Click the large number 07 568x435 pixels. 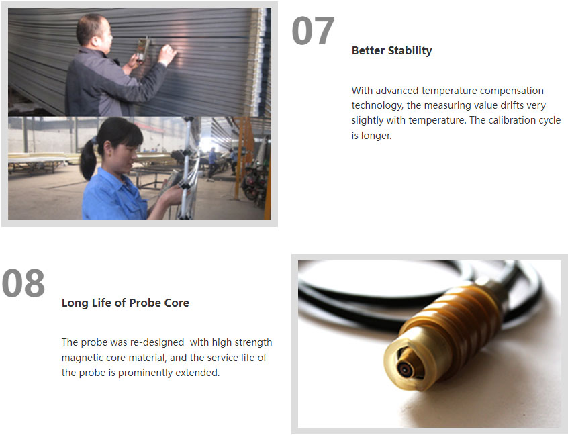point(313,30)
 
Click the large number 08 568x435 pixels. point(23,283)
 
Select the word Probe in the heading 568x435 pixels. point(145,303)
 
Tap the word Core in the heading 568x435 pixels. point(177,303)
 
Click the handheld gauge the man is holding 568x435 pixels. point(143,49)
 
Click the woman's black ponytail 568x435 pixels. point(88,158)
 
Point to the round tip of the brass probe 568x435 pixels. point(406,369)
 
